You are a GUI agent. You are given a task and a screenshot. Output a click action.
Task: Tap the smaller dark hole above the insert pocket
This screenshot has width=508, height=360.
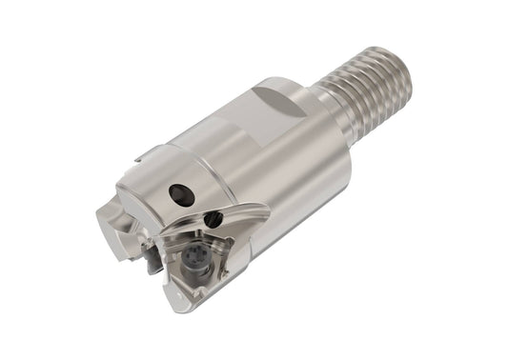point(213,219)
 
